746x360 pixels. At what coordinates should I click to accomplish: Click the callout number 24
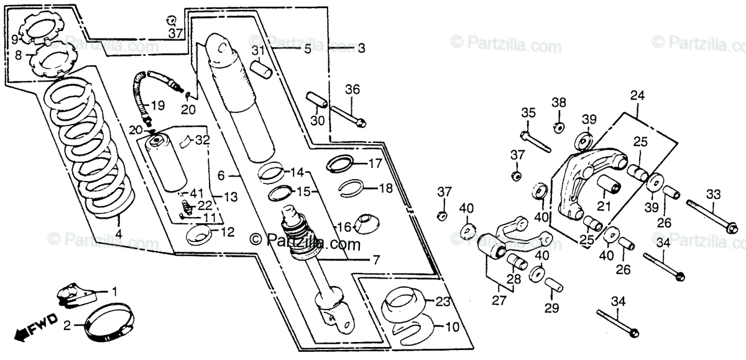coord(637,95)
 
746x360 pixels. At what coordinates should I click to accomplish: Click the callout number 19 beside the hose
coord(158,105)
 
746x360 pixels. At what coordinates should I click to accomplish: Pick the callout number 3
coord(361,47)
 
